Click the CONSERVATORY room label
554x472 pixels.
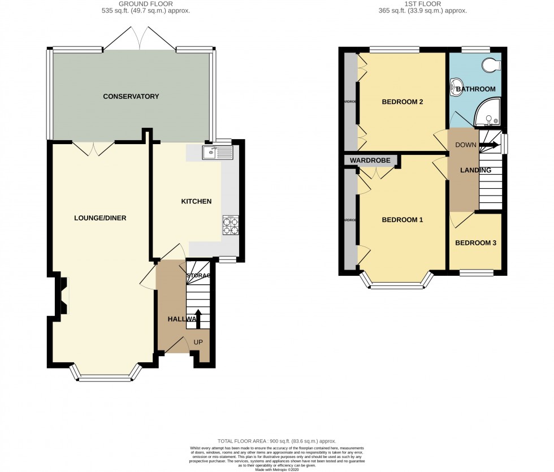(x=131, y=97)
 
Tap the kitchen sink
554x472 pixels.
(x=217, y=151)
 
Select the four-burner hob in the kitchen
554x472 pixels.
(x=231, y=226)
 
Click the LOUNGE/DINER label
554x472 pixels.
(x=99, y=218)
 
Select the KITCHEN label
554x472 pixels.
(x=196, y=201)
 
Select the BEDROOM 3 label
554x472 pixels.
(x=475, y=243)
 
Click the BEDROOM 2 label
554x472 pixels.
(x=402, y=102)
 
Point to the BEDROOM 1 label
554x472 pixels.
(x=402, y=220)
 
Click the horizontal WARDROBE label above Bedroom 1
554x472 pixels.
(x=370, y=161)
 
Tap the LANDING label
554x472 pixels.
(x=475, y=170)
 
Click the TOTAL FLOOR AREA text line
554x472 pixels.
(x=276, y=441)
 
